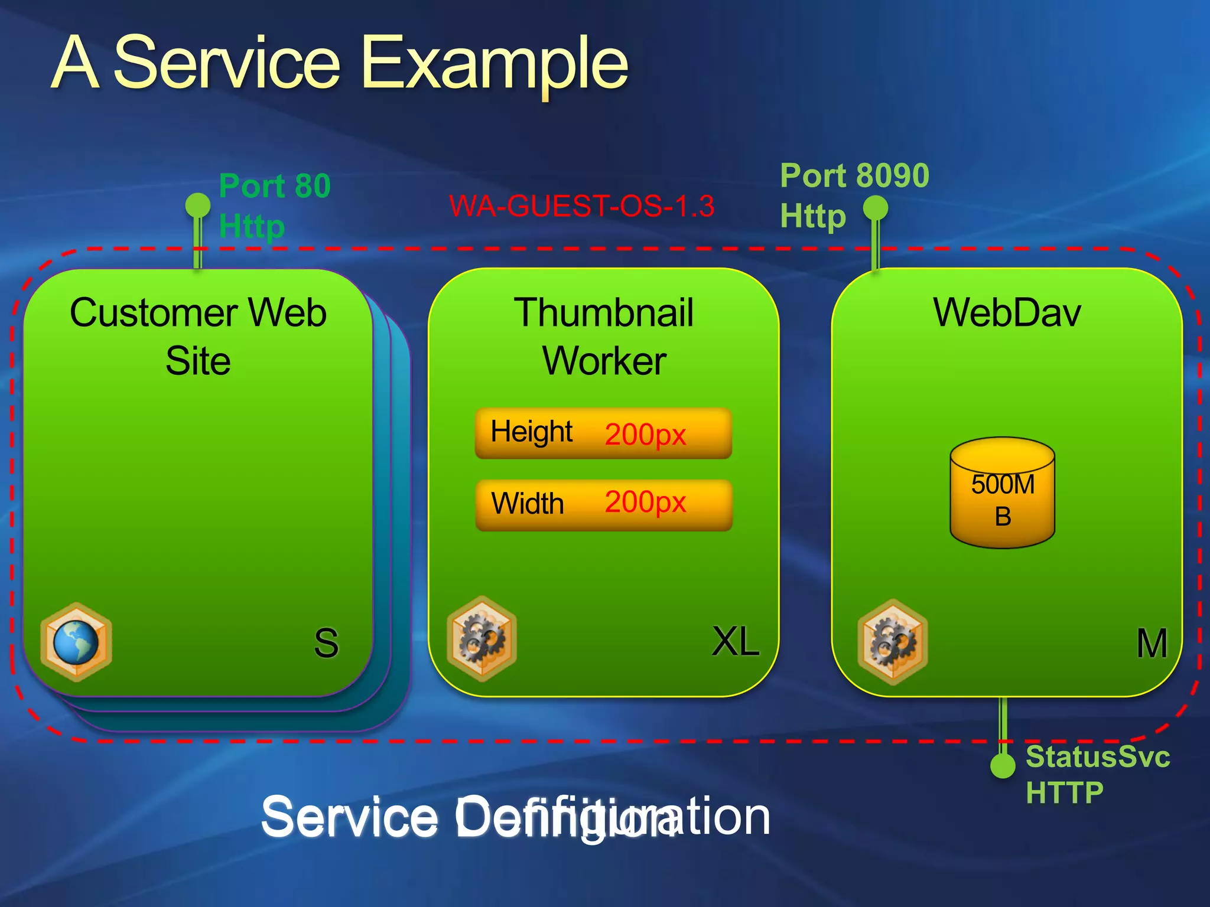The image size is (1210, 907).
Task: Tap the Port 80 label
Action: (274, 186)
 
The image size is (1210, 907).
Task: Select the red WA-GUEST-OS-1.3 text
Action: (581, 206)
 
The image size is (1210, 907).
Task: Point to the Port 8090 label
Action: (854, 175)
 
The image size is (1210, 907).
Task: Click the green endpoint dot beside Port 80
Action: (197, 205)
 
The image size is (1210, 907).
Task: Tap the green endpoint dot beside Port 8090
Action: (876, 208)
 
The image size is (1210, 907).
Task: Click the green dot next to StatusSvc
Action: (1003, 766)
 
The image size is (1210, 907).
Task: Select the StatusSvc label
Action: (1097, 756)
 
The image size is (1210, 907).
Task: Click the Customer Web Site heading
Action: (198, 336)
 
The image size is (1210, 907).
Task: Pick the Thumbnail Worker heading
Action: (604, 336)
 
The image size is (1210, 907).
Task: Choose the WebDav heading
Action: (1007, 312)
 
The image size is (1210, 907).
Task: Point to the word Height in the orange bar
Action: (531, 432)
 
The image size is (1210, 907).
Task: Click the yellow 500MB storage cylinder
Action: (1003, 493)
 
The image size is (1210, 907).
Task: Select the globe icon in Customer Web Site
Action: (76, 642)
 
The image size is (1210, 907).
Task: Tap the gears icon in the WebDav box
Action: (893, 642)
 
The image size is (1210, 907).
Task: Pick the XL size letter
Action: (736, 641)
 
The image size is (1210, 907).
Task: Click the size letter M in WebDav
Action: (1152, 643)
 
